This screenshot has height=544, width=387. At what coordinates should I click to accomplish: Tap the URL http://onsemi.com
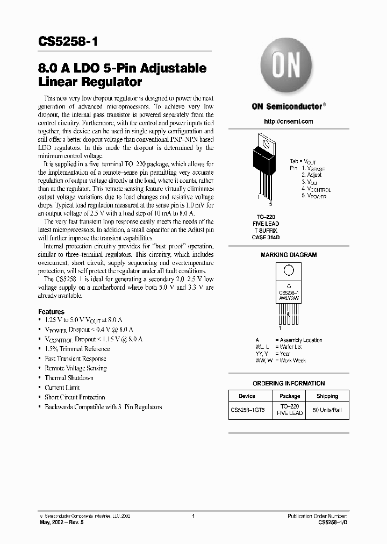(x=288, y=121)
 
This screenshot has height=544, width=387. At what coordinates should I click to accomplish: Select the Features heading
(x=51, y=312)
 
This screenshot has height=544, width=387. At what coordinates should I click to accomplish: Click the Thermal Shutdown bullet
(x=69, y=378)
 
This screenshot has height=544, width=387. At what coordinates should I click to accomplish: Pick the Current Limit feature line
(x=62, y=388)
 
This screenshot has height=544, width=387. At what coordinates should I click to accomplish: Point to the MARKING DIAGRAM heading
(x=289, y=255)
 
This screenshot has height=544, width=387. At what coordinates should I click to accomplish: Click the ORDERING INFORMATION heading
(x=289, y=383)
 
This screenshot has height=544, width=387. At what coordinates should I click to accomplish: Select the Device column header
(x=247, y=396)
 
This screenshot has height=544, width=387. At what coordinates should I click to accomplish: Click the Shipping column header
(x=327, y=396)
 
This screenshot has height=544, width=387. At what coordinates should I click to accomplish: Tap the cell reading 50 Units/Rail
(x=327, y=410)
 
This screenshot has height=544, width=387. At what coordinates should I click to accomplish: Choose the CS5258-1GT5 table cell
(x=247, y=410)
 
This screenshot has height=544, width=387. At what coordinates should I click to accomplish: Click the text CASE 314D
(x=266, y=238)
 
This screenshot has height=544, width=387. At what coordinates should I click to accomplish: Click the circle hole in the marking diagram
(x=289, y=271)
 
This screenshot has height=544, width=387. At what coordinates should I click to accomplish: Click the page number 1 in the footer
(x=193, y=516)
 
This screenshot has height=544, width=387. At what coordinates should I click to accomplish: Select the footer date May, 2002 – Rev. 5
(x=61, y=522)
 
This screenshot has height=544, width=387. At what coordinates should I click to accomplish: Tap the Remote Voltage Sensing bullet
(x=75, y=368)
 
